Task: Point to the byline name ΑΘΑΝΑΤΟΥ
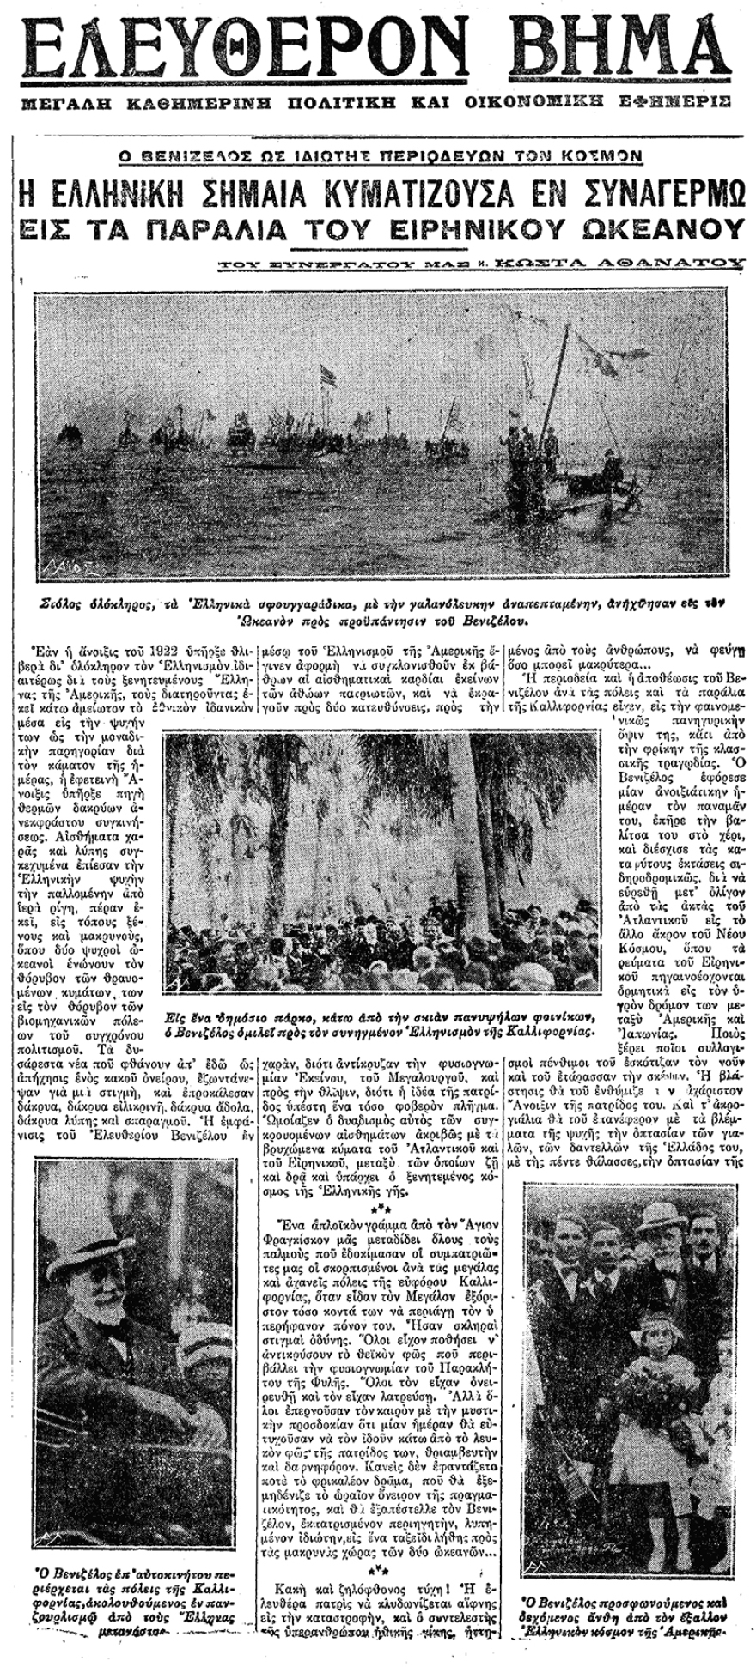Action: coord(667,265)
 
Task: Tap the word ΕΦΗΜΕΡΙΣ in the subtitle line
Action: coord(668,101)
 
